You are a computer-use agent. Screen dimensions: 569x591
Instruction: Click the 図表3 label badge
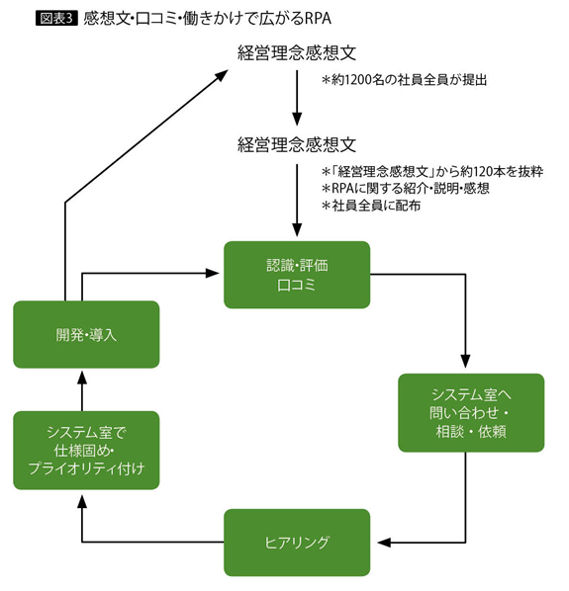pyautogui.click(x=56, y=18)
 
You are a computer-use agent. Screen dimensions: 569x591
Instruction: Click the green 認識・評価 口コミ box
pyautogui.click(x=297, y=275)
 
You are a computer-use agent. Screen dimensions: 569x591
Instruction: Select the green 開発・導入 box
pyautogui.click(x=86, y=334)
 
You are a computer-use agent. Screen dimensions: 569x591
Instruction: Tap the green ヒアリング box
pyautogui.click(x=297, y=543)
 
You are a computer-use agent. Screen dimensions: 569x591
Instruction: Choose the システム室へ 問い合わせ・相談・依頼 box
pyautogui.click(x=471, y=413)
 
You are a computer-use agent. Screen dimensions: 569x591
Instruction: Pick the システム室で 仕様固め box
pyautogui.click(x=86, y=451)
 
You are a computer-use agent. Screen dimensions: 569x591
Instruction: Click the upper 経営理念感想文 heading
pyautogui.click(x=297, y=52)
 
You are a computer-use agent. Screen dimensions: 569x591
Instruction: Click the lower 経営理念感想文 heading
pyautogui.click(x=297, y=144)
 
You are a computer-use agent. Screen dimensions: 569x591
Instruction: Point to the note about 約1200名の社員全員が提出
pyautogui.click(x=404, y=80)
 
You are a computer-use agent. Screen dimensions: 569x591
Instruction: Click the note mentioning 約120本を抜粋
pyautogui.click(x=432, y=172)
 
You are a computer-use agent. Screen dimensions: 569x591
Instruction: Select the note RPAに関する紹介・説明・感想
pyautogui.click(x=406, y=188)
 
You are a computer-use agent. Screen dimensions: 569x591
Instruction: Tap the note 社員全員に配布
pyautogui.click(x=371, y=206)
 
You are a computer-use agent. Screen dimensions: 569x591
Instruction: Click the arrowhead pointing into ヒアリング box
pyautogui.click(x=384, y=543)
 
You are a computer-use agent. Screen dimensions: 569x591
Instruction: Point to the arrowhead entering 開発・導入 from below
pyautogui.click(x=82, y=378)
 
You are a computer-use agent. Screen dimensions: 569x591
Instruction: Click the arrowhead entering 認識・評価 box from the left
pyautogui.click(x=213, y=273)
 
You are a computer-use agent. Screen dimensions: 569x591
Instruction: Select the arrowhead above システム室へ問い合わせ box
pyautogui.click(x=466, y=361)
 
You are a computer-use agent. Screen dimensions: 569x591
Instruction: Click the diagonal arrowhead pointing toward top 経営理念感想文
pyautogui.click(x=222, y=75)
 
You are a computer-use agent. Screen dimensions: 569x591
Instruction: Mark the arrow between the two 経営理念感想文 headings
pyautogui.click(x=297, y=97)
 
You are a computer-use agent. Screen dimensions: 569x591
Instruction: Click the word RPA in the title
pyautogui.click(x=317, y=18)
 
